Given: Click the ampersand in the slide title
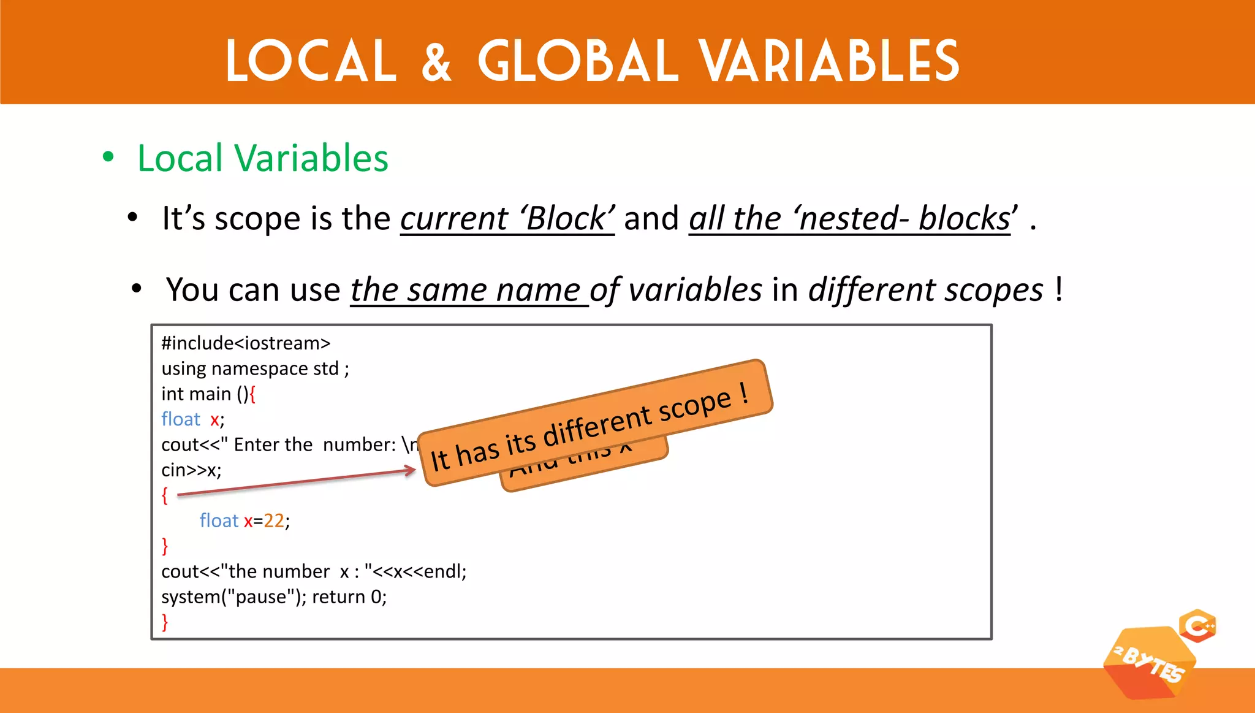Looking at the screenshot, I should [436, 61].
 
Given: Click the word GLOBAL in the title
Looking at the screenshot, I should [578, 61].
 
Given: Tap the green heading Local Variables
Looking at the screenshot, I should [262, 158].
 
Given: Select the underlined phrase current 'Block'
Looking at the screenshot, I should [507, 219].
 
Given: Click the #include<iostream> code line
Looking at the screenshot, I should [246, 343].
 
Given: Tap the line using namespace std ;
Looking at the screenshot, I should [255, 368].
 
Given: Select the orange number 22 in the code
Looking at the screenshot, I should [274, 520].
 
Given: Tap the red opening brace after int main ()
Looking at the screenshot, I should [252, 394].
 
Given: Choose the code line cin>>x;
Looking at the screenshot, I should [191, 470].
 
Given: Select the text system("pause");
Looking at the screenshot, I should [233, 597].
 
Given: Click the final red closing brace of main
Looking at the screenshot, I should [165, 622].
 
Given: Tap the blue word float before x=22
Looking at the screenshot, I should [219, 520].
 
